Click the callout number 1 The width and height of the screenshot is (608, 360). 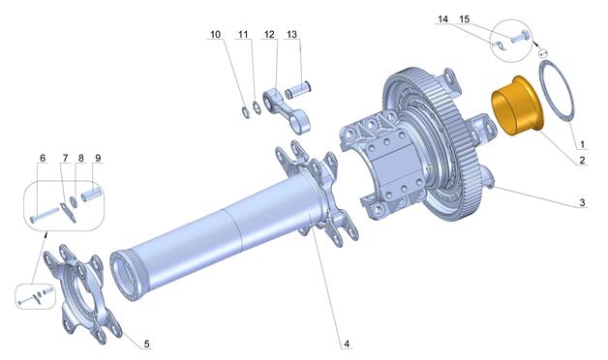(582, 144)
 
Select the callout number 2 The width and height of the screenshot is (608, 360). (582, 160)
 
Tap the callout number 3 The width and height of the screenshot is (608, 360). (582, 202)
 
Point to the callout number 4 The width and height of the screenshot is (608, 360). (347, 344)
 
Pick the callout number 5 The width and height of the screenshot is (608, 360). (146, 344)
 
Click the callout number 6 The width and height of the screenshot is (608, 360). (43, 158)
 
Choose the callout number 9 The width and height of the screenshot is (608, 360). (98, 158)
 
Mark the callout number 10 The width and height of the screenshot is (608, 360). (215, 35)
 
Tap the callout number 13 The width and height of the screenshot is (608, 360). (292, 35)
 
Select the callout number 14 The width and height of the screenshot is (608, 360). (442, 19)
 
